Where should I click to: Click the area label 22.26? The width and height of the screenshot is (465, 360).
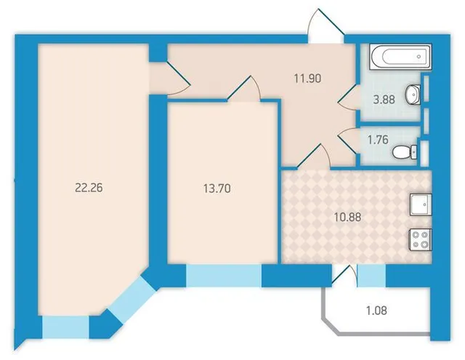(89, 188)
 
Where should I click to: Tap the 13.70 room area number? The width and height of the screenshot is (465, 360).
(217, 188)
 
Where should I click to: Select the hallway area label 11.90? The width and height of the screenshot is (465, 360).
(308, 79)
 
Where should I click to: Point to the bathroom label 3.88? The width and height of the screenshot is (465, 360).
(384, 100)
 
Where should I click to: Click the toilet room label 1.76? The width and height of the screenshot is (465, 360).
(378, 140)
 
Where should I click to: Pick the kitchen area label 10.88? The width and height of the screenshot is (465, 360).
(347, 217)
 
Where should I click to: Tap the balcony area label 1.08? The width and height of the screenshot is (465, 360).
(376, 311)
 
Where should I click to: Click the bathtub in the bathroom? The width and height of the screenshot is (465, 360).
(400, 57)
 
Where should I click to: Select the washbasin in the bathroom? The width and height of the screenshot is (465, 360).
(413, 95)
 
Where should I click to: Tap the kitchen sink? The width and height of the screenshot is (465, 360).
(421, 204)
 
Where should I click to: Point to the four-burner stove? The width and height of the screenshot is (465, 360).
(421, 239)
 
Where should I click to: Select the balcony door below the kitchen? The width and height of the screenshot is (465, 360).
(344, 276)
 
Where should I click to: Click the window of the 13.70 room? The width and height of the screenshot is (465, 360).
(224, 276)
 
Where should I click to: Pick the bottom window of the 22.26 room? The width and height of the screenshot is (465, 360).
(65, 327)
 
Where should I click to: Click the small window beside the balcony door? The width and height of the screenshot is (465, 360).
(371, 276)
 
